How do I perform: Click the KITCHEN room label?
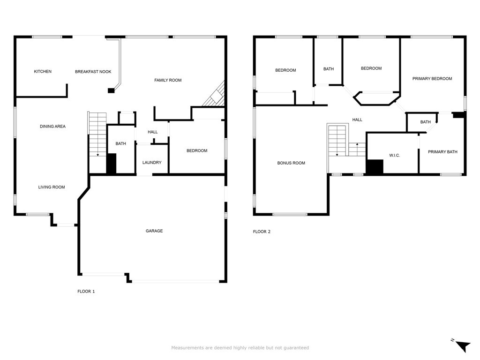pos(43,71)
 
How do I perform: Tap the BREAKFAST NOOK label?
pos(93,72)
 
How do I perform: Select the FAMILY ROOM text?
pos(168,80)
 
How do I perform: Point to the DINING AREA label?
pos(52,126)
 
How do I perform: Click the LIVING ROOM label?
pos(52,187)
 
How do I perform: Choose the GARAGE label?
pos(154,231)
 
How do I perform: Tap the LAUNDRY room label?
pos(152,163)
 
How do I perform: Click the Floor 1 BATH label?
pos(120,143)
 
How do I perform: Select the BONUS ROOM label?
pos(291,163)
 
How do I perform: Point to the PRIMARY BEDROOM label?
pos(432,79)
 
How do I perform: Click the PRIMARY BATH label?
pos(442,152)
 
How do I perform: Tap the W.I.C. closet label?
pos(395,156)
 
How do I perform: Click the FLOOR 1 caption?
pos(86,292)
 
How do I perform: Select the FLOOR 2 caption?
pos(262,232)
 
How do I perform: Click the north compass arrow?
pos(463,346)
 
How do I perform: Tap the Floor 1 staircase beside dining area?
pos(97,134)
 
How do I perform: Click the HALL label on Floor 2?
pos(357,120)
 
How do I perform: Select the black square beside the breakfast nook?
pos(111,90)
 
